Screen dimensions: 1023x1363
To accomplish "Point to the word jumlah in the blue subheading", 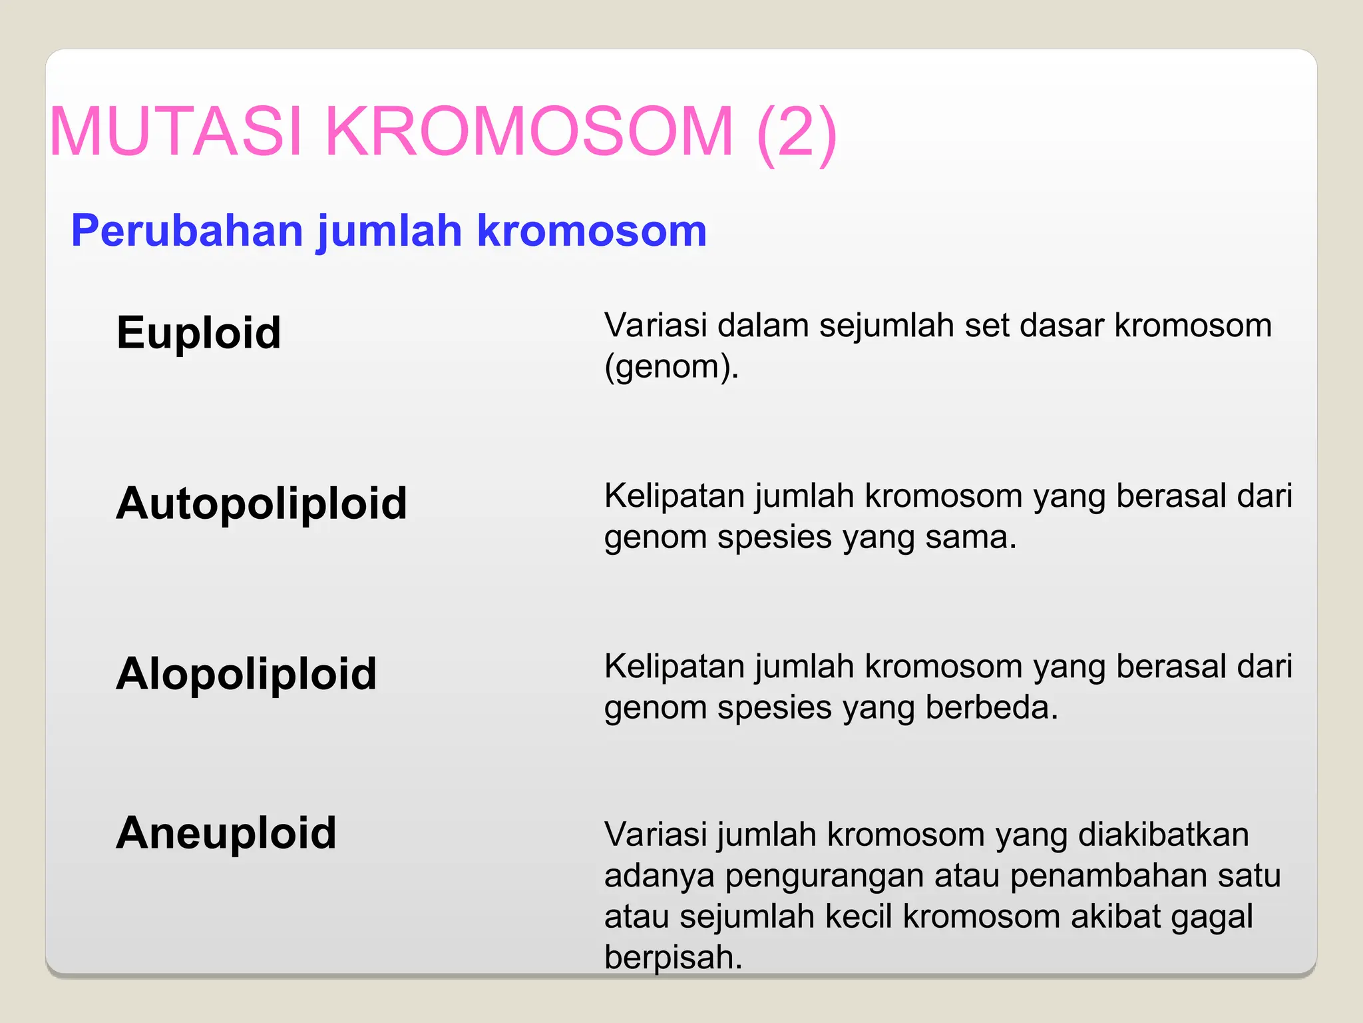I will [390, 231].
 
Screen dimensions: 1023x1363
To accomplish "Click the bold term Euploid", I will [198, 332].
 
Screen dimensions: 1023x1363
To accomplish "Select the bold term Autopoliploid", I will [261, 503].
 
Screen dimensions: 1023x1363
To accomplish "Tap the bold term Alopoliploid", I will [246, 673].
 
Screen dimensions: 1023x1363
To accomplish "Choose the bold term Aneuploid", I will [226, 833].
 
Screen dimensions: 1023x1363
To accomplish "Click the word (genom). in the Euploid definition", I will [672, 367].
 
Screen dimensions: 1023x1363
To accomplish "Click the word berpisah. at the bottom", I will [673, 958].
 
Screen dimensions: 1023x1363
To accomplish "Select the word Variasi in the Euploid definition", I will [656, 326].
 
